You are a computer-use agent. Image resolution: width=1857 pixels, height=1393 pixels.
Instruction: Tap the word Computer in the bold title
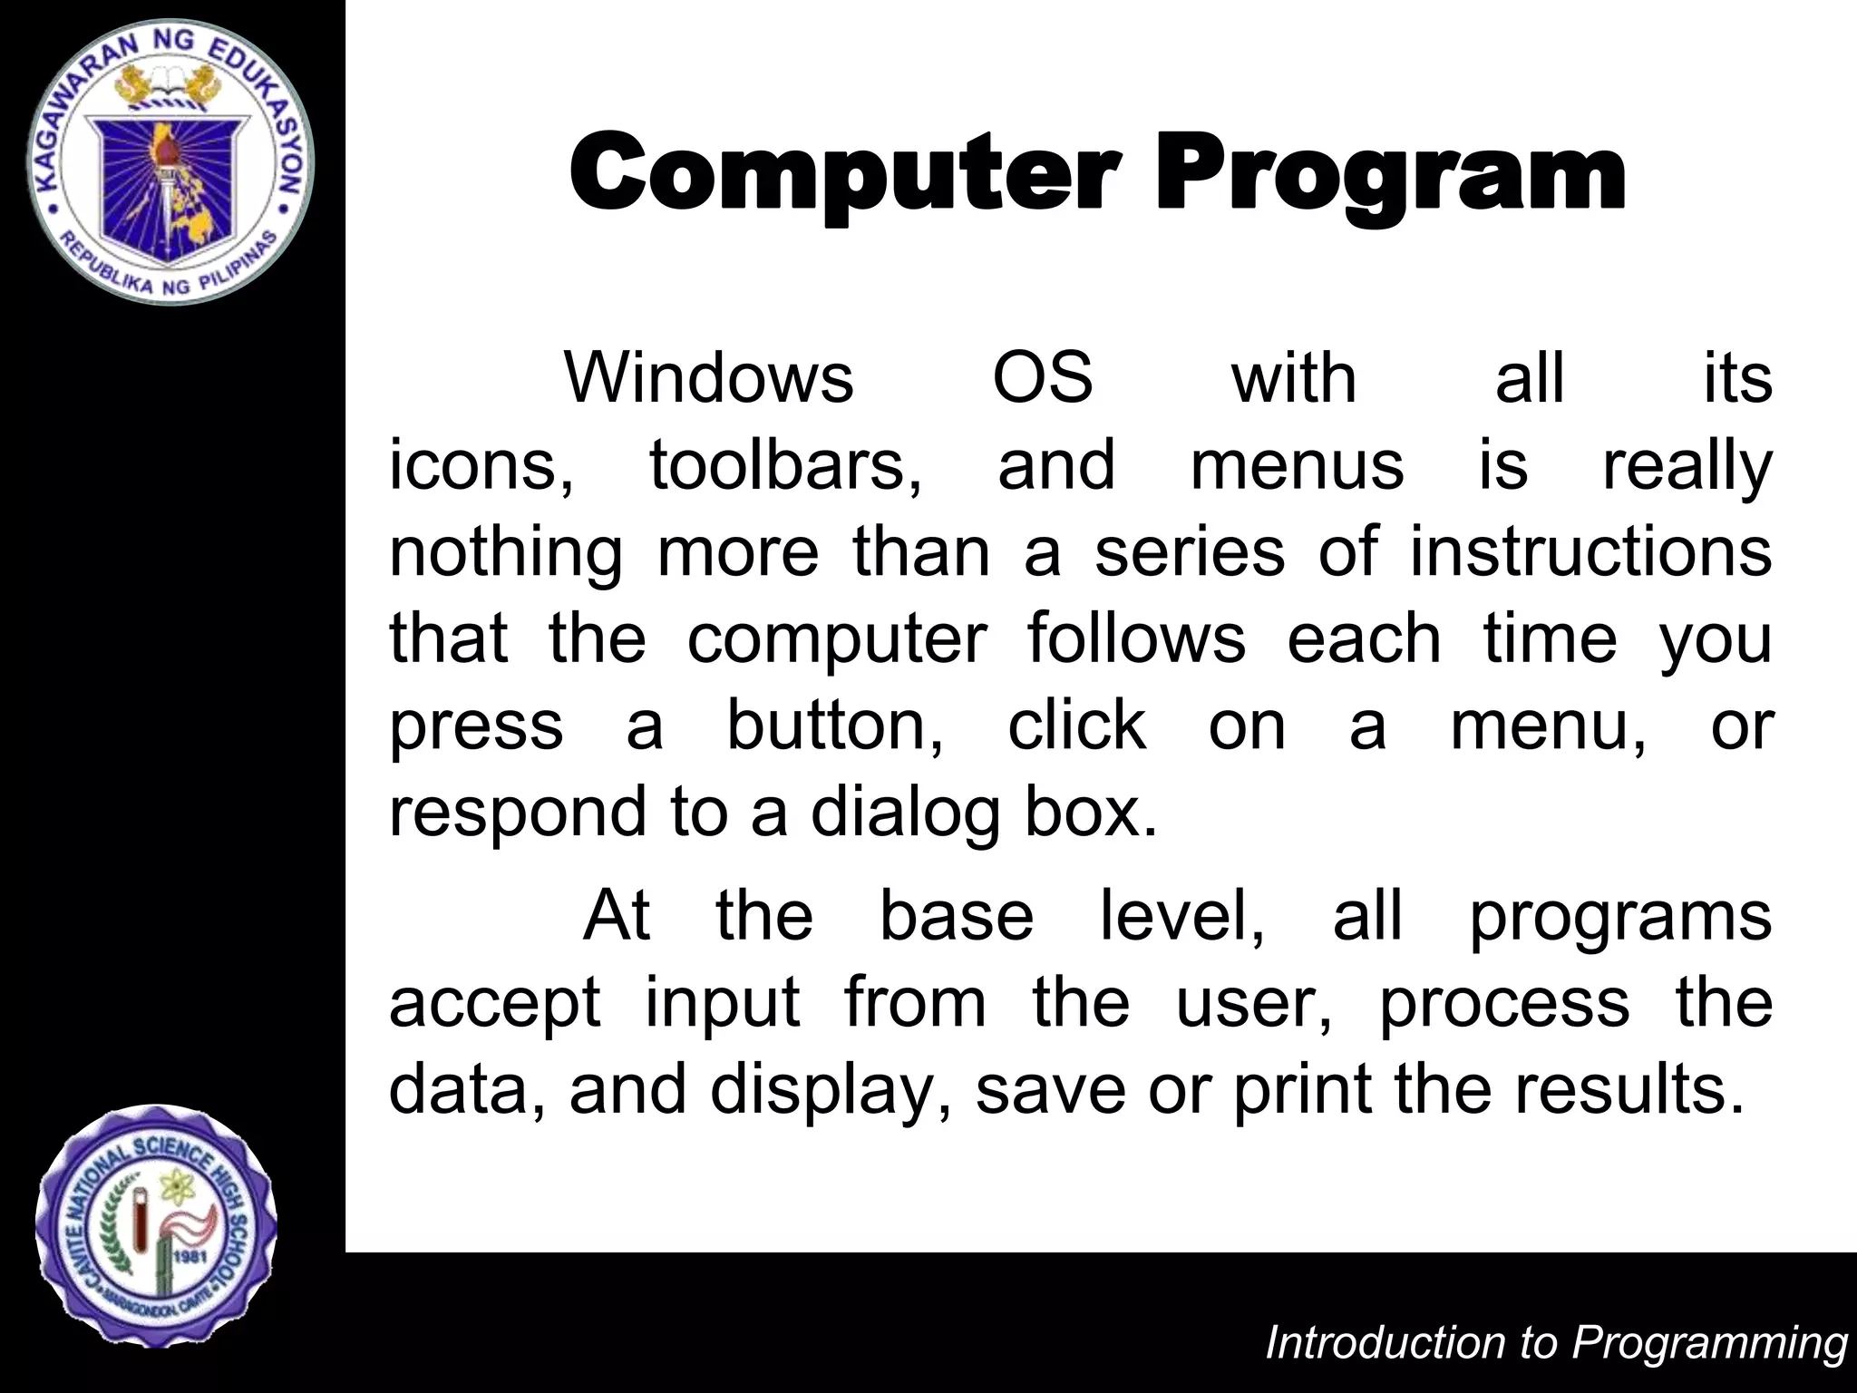click(x=844, y=172)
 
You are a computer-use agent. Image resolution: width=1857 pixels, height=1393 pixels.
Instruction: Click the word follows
click(x=1137, y=638)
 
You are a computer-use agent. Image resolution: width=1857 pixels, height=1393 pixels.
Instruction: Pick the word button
click(x=834, y=726)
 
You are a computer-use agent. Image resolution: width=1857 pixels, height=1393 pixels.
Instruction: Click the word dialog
click(x=908, y=813)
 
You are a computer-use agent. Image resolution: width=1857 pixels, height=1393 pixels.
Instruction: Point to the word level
click(x=1181, y=916)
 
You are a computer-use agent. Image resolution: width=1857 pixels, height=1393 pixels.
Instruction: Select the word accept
click(x=494, y=1003)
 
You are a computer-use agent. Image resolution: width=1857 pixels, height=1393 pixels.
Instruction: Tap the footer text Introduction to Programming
click(x=1556, y=1343)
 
